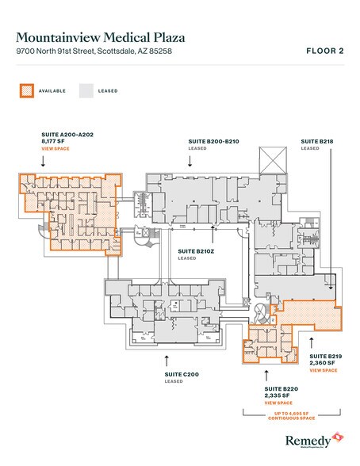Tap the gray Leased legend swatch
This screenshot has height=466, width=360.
tap(86, 90)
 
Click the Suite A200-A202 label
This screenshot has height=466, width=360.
tap(67, 135)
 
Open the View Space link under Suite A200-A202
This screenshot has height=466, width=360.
tap(56, 148)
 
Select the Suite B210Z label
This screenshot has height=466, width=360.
tap(192, 250)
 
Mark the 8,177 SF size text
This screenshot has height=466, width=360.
tap(52, 141)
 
